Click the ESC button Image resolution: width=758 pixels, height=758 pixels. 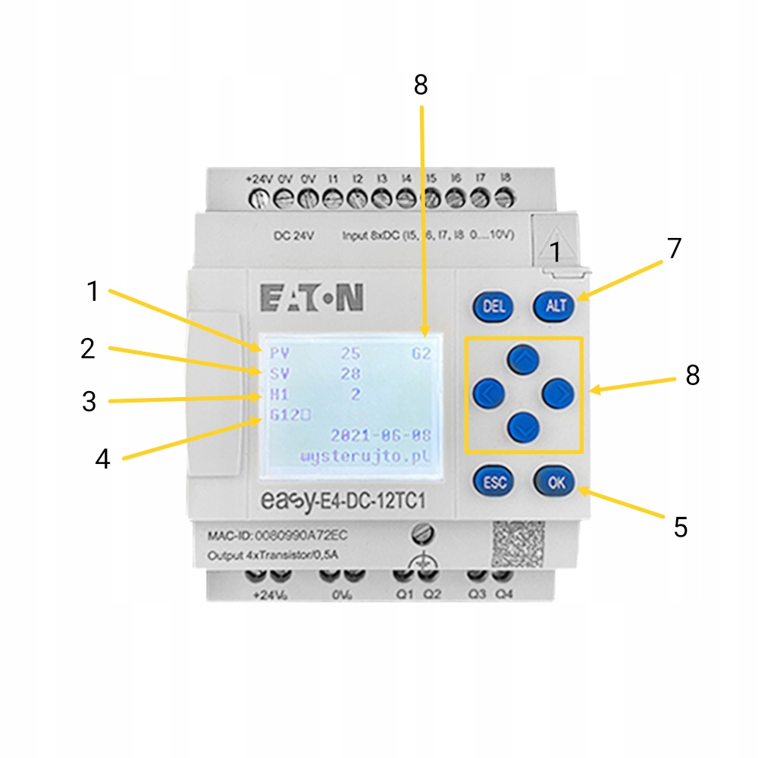click(493, 481)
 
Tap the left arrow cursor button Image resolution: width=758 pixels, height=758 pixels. click(489, 392)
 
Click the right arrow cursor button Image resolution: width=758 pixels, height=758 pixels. click(558, 392)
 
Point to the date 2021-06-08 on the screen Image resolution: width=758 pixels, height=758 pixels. click(381, 435)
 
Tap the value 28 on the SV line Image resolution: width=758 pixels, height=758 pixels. click(350, 374)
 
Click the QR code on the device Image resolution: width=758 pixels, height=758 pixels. click(519, 544)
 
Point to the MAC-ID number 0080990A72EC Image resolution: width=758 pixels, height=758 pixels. click(301, 536)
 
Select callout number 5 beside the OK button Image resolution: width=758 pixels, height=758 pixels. click(681, 528)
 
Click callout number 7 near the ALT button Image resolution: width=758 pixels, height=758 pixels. click(674, 248)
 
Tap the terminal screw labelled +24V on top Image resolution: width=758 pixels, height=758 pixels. click(259, 199)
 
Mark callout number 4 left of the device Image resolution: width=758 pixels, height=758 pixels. click(103, 459)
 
